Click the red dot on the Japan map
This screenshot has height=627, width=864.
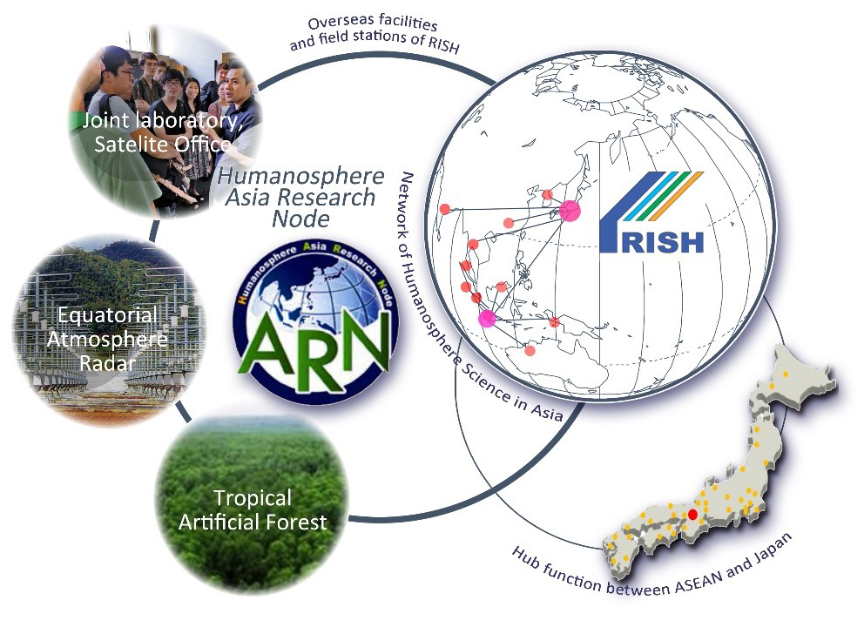[692, 514]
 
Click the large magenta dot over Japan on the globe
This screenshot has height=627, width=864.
[570, 211]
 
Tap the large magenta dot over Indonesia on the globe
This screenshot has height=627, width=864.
[487, 319]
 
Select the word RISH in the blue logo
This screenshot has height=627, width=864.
[664, 241]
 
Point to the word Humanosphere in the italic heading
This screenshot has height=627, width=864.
[300, 176]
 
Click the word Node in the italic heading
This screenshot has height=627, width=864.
[300, 219]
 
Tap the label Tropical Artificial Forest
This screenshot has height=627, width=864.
[253, 509]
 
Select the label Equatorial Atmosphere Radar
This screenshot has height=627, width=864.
[107, 339]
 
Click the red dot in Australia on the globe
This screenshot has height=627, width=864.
[530, 350]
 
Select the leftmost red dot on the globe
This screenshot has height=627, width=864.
[445, 209]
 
